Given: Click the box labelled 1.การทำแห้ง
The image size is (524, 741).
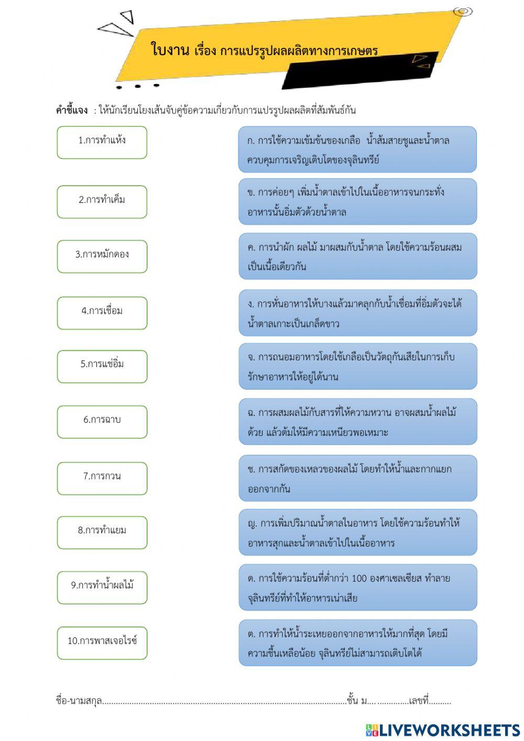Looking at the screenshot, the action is click(x=102, y=142).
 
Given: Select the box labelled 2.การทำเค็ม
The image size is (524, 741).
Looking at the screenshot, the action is click(x=102, y=201).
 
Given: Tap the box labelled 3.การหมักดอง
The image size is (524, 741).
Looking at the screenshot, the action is click(x=102, y=256).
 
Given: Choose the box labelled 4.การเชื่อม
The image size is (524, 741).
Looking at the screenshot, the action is click(x=102, y=313).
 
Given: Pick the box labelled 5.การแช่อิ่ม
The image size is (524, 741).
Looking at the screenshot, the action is click(x=102, y=366).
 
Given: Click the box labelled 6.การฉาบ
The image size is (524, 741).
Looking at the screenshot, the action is click(x=102, y=422).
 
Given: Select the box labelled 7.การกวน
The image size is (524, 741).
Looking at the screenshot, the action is click(x=102, y=478).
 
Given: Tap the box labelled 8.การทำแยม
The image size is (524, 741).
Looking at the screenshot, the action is click(x=102, y=532).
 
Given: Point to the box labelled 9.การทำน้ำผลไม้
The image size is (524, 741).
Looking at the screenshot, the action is click(x=102, y=587).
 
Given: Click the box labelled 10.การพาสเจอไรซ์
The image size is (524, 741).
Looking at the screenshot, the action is click(x=102, y=642).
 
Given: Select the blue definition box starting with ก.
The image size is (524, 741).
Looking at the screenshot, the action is click(x=357, y=149).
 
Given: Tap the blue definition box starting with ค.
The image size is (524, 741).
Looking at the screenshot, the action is click(x=357, y=256).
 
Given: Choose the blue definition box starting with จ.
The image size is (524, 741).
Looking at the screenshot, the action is click(x=357, y=366).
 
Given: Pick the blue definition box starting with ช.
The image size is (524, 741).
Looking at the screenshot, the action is click(x=357, y=478).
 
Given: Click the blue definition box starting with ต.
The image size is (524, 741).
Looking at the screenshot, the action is click(x=357, y=643).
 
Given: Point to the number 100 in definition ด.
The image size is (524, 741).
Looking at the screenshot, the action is click(x=359, y=578).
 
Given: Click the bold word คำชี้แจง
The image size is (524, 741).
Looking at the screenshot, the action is click(x=72, y=110).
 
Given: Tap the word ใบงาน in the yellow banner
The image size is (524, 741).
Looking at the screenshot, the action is click(x=170, y=50).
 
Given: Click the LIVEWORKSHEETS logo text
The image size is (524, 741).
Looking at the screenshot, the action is click(x=449, y=730).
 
